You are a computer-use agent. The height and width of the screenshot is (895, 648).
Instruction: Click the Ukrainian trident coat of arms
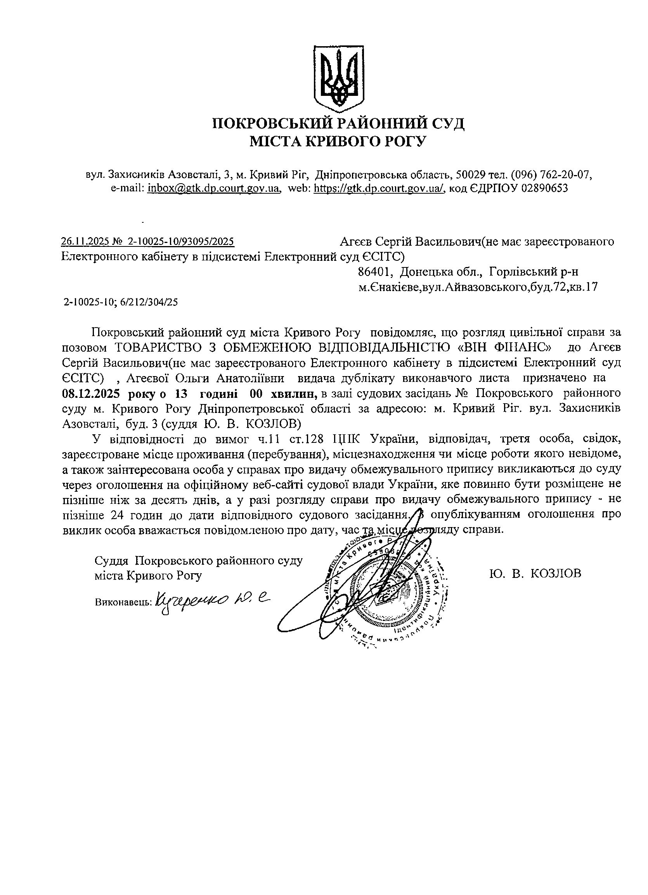pos(339,78)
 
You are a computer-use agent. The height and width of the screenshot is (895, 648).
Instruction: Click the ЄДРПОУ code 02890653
pos(545,188)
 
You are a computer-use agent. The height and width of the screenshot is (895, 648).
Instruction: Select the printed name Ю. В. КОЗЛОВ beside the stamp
pos(535,573)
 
